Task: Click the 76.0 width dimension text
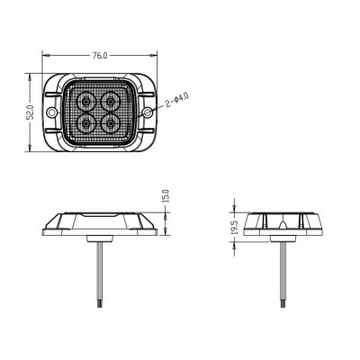coord(100,56)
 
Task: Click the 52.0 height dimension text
coord(31,112)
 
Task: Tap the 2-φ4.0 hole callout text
coord(176,100)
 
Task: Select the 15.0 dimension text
coord(166,196)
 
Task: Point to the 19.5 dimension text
coord(235,227)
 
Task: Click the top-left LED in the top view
coord(86,102)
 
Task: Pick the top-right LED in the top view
coord(111,102)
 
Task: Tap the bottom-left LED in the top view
coord(86,123)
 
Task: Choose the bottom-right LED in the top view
coord(111,123)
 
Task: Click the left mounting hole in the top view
coord(52,112)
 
